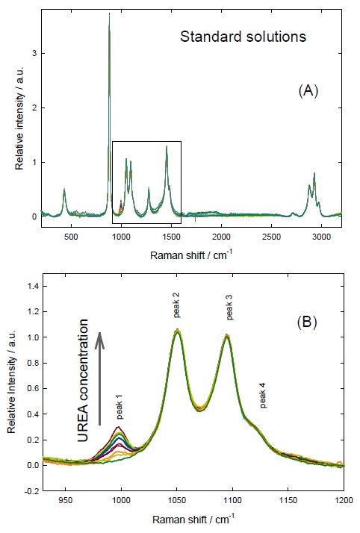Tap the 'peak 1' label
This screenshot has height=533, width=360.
(119, 408)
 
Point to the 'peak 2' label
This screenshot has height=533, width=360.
(176, 305)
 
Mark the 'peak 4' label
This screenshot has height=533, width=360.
(263, 396)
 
